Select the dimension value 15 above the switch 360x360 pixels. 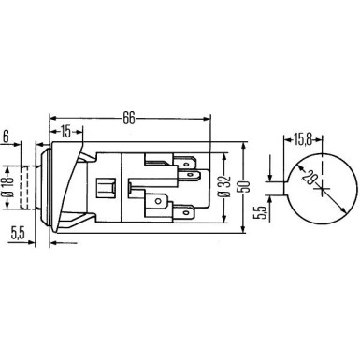click(68, 132)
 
